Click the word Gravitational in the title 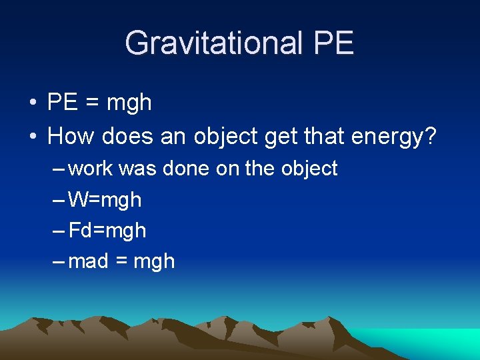tap(212, 43)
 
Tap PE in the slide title tap(331, 43)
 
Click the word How tap(71, 136)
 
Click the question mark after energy tap(429, 136)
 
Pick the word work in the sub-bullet tap(91, 169)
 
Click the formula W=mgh tap(105, 199)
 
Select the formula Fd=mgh tap(107, 231)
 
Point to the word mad tap(89, 261)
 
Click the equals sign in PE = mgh tap(89, 103)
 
